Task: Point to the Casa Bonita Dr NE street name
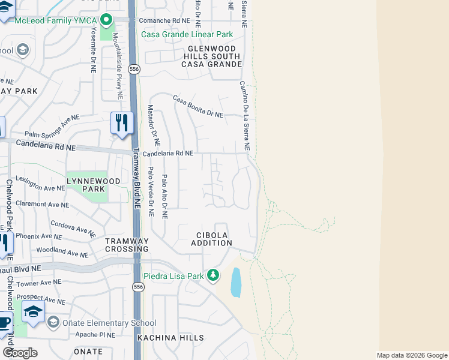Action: click(197, 106)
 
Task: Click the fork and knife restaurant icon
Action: click(122, 123)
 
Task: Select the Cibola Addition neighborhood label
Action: click(211, 239)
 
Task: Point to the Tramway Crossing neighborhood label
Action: click(127, 245)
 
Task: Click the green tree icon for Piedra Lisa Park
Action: click(212, 275)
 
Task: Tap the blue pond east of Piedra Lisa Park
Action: click(237, 283)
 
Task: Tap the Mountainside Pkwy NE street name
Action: click(118, 66)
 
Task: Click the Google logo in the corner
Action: click(19, 353)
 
